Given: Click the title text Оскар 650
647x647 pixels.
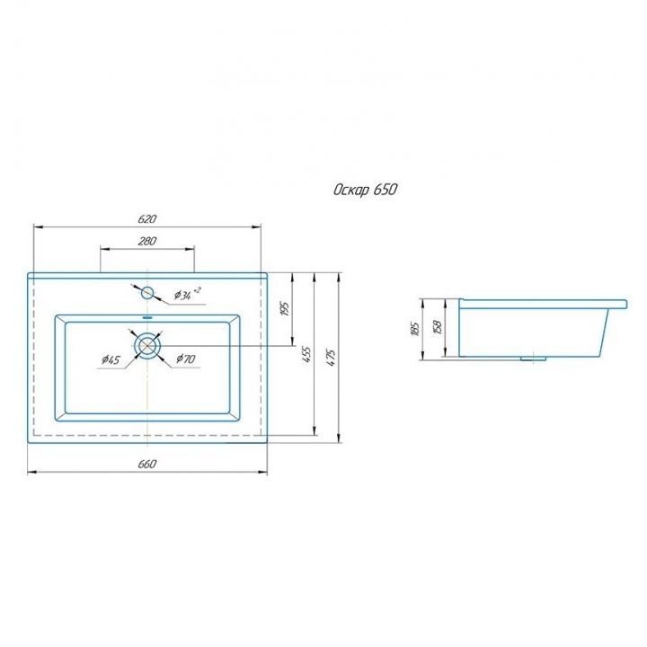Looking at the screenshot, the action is click(366, 190).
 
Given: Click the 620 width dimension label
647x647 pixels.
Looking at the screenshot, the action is click(147, 218).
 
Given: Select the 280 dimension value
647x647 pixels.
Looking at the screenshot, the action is click(146, 241).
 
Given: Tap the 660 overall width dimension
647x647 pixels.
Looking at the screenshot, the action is click(146, 465).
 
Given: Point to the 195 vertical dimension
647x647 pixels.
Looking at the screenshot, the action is click(285, 309).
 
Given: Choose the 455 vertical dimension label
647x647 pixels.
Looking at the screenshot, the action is click(307, 355).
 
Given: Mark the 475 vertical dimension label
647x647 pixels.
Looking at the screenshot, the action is click(332, 358).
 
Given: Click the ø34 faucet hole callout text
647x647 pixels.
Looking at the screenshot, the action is click(187, 294).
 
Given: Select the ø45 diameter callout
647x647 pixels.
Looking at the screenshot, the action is click(111, 359).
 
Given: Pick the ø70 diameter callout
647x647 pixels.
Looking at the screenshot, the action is click(186, 359).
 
